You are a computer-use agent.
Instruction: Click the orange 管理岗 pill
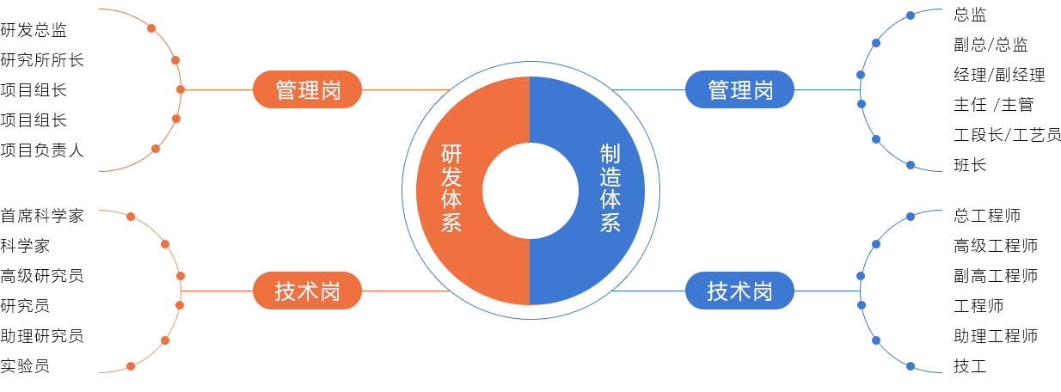308,89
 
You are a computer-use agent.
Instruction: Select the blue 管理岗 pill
740,89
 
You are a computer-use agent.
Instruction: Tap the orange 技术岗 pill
308,291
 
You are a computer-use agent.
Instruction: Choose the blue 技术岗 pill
740,291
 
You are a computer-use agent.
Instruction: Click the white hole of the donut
530,190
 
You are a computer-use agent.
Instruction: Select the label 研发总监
34,30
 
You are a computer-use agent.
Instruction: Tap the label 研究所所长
42,60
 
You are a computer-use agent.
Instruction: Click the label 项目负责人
42,150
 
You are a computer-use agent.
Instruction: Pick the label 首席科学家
42,216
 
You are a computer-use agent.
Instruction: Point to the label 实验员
25,366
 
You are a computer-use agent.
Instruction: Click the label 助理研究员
42,336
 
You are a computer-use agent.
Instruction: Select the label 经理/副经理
999,75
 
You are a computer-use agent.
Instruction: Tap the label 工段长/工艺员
1007,135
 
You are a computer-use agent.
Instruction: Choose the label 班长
970,165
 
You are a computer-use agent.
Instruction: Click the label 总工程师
987,216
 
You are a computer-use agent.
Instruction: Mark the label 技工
970,366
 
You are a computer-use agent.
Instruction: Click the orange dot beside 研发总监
151,28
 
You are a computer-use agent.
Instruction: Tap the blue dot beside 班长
911,165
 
